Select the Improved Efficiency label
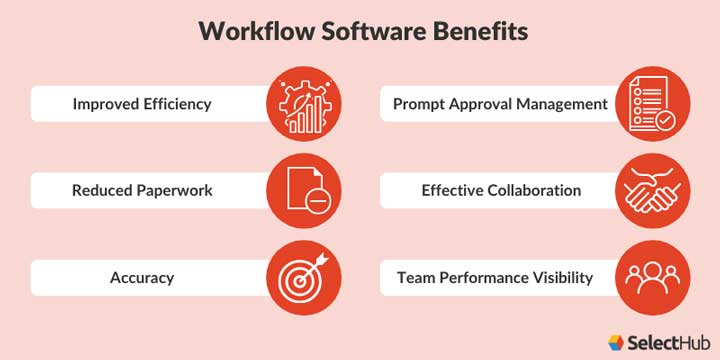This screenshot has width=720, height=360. pyautogui.click(x=141, y=104)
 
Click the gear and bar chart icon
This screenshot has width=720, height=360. pyautogui.click(x=304, y=104)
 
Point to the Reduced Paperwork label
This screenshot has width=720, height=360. pyautogui.click(x=142, y=190)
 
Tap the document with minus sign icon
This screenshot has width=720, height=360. pyautogui.click(x=304, y=190)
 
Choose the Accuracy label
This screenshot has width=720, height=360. pyautogui.click(x=142, y=277)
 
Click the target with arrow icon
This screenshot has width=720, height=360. pyautogui.click(x=304, y=277)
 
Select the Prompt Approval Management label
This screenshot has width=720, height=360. pyautogui.click(x=500, y=104)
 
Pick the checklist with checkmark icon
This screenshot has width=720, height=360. pyautogui.click(x=652, y=104)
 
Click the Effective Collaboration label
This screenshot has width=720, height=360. pyautogui.click(x=501, y=190)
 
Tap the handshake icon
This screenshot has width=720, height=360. pyautogui.click(x=652, y=190)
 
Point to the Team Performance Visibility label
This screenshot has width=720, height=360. pyautogui.click(x=495, y=277)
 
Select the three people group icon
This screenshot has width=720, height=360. pyautogui.click(x=652, y=277)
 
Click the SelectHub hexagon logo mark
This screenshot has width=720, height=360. pyautogui.click(x=617, y=341)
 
